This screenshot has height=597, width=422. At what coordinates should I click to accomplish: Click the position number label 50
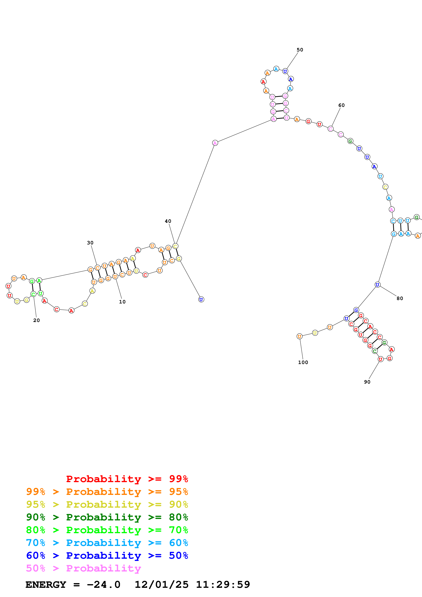[300, 50]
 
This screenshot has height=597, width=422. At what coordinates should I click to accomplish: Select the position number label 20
[36, 320]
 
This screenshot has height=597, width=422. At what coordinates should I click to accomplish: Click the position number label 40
[168, 221]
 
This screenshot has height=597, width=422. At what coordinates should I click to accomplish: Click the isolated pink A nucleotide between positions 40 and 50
[215, 143]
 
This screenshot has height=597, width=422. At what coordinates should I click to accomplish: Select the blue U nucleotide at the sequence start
[201, 300]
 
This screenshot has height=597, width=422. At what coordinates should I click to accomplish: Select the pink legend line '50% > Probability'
[83, 568]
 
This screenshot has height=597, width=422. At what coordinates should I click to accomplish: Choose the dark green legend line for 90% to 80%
[107, 517]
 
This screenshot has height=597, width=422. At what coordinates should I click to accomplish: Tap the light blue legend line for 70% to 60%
[107, 543]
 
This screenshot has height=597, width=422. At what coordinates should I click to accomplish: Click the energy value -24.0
[103, 585]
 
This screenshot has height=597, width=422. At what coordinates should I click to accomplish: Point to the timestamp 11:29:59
[223, 585]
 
